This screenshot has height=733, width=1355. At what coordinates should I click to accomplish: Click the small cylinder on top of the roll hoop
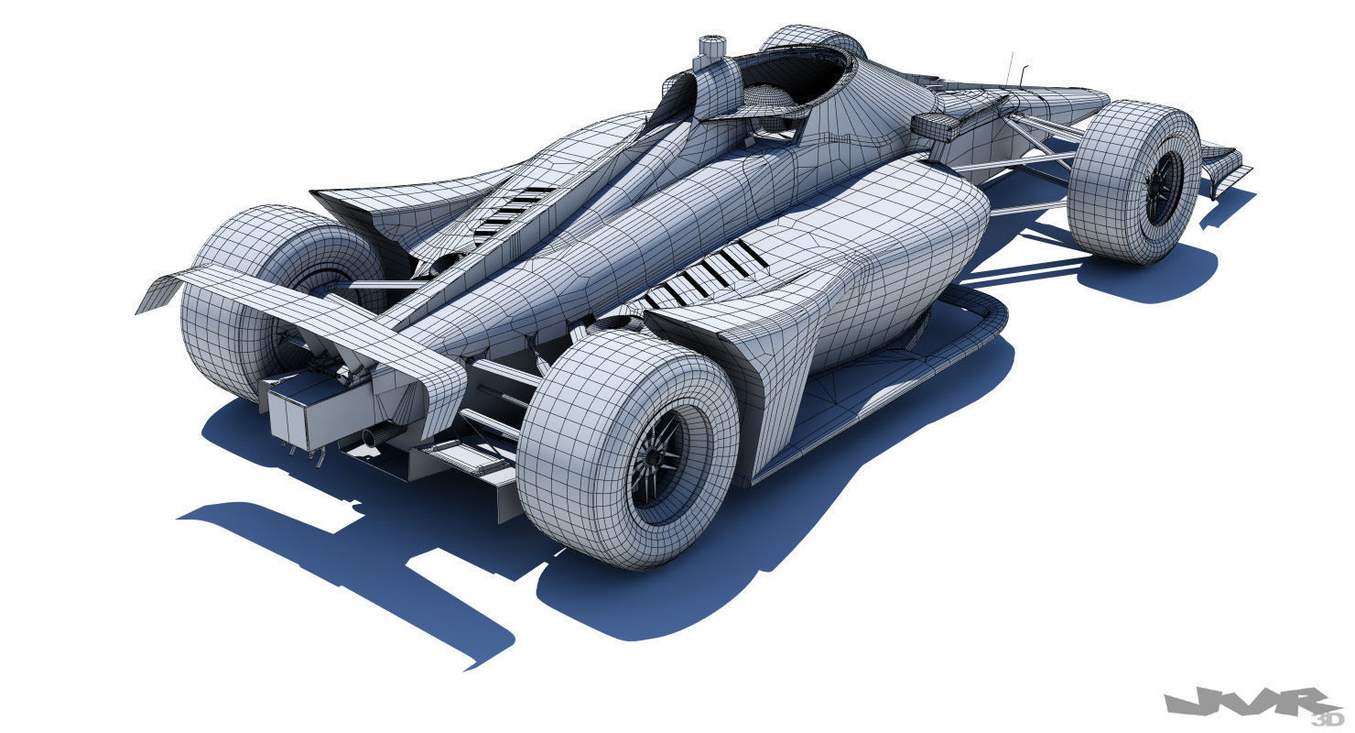pyautogui.click(x=710, y=46)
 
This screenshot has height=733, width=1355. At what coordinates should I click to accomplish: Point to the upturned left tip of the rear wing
pyautogui.click(x=156, y=291)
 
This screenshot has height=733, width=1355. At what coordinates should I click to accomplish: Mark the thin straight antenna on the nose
pyautogui.click(x=1010, y=68)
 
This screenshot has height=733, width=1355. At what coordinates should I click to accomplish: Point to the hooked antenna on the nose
pyautogui.click(x=1023, y=77)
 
